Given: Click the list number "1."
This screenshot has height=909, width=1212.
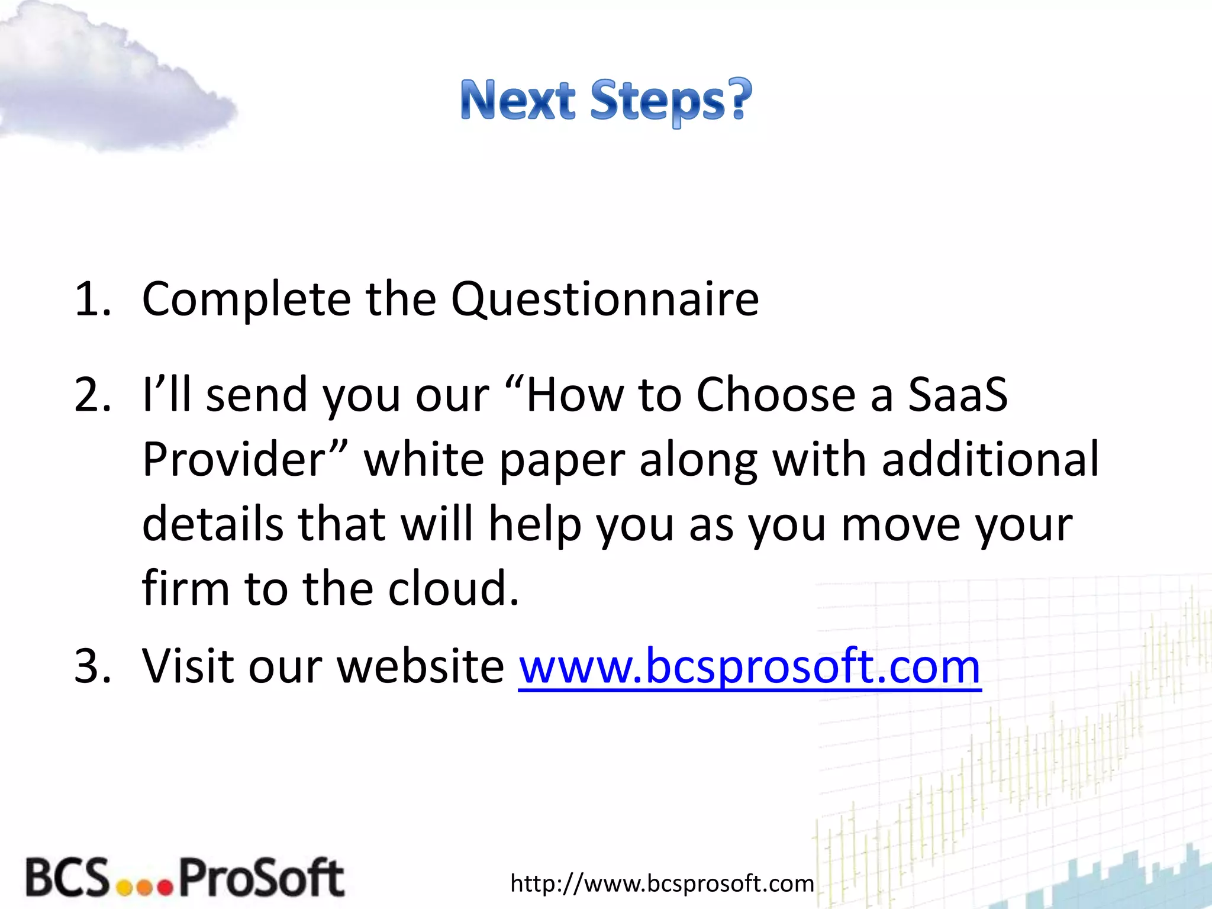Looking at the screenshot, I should coord(93,299).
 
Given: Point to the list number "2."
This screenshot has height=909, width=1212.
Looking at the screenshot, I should coord(93,395).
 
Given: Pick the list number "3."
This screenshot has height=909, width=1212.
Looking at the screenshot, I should coord(93,666).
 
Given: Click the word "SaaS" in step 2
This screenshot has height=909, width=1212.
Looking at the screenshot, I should coord(958,395).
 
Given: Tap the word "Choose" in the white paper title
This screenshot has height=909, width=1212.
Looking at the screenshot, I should coord(775,395).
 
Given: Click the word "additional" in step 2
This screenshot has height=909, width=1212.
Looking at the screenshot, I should coord(990,460).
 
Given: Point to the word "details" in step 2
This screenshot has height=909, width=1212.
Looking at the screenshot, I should coord(212,525).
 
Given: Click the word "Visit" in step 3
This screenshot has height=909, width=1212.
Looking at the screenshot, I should coord(189,666).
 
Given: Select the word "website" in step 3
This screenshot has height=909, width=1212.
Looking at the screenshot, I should coord(420,666).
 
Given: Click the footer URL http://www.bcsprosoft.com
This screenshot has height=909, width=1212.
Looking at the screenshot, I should coord(662,884).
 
